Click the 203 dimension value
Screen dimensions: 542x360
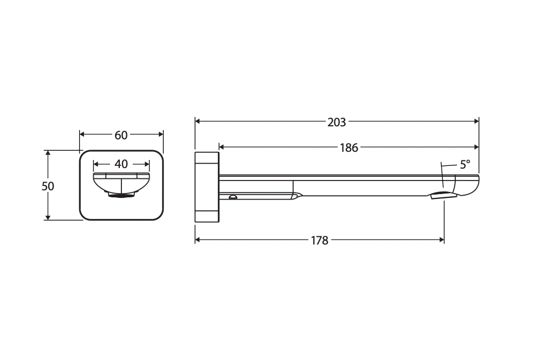(337, 122)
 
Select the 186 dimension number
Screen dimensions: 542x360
(349, 148)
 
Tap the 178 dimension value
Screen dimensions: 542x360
(319, 240)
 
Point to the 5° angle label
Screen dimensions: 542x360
(465, 164)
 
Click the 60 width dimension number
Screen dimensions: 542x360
(121, 135)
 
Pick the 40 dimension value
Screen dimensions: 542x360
(121, 164)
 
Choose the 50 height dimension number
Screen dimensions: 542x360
(48, 187)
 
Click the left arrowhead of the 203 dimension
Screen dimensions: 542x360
(198, 121)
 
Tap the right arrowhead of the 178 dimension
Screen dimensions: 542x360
(441, 239)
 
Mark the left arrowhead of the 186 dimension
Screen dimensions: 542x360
(222, 147)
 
